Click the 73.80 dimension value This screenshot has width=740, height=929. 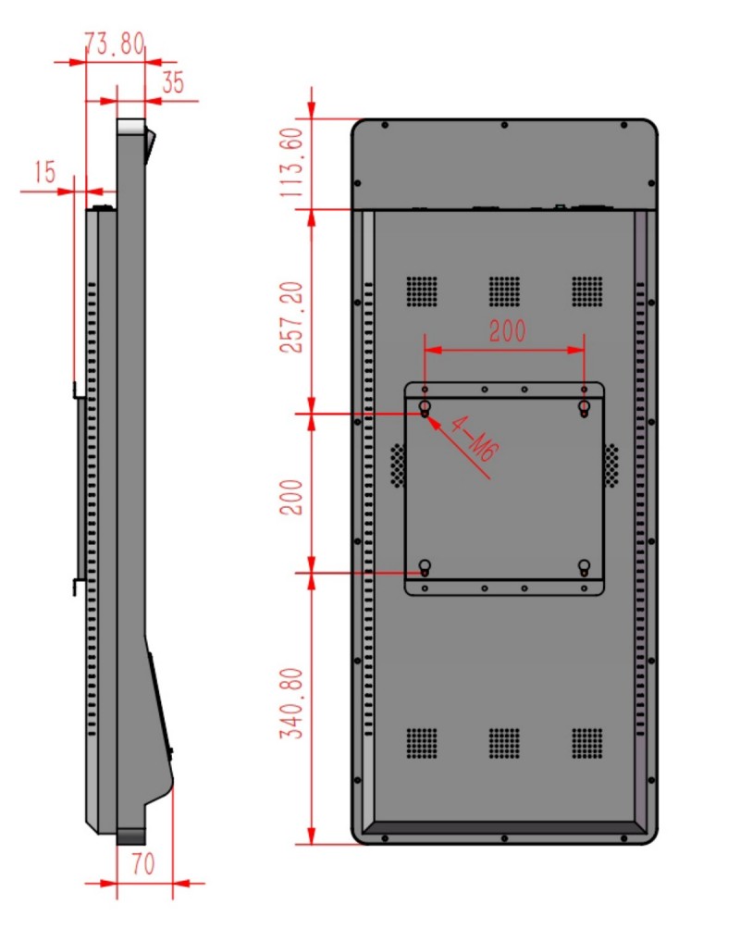click(115, 43)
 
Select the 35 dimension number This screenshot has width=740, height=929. click(173, 82)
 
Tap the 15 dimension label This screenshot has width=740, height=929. click(45, 172)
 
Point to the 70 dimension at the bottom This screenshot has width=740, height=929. click(143, 863)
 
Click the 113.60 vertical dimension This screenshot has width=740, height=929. click(291, 163)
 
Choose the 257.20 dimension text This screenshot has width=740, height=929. click(291, 317)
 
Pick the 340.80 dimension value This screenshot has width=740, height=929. click(291, 704)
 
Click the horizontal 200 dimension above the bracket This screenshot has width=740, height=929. click(507, 331)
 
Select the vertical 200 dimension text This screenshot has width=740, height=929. click(291, 497)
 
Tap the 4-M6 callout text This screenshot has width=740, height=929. click(475, 439)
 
